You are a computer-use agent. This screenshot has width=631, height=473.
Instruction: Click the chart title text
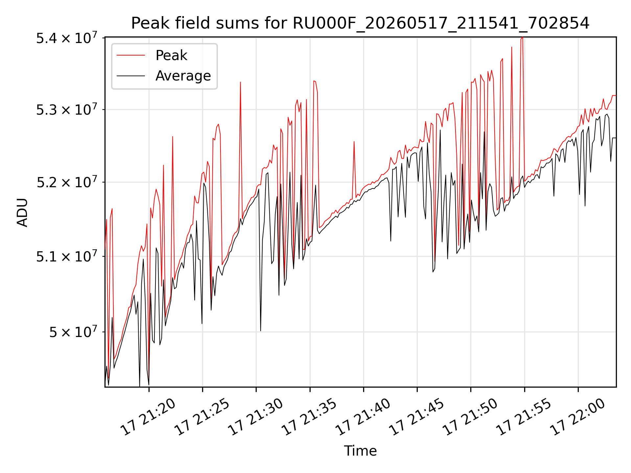[x=360, y=23]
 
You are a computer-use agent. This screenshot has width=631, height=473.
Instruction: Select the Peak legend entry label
[x=171, y=55]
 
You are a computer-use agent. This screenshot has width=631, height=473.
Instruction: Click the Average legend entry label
[x=183, y=76]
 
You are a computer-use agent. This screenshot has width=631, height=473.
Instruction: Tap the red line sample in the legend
[x=131, y=55]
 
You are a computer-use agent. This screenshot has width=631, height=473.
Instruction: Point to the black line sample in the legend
[x=131, y=76]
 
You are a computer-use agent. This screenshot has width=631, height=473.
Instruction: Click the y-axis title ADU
[x=23, y=212]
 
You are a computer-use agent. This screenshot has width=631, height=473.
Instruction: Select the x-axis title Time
[x=360, y=451]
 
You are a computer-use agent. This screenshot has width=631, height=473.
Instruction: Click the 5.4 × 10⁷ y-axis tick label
[x=67, y=38]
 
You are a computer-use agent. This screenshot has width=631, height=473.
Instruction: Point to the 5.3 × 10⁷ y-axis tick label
[x=67, y=109]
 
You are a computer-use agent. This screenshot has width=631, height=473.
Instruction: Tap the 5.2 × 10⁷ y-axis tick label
[x=67, y=182]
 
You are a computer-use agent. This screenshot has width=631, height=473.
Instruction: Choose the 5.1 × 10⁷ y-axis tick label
[x=67, y=256]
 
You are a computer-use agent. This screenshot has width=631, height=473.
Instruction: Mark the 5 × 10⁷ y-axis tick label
[x=73, y=332]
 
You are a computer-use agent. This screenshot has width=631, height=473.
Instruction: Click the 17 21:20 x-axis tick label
[x=148, y=417]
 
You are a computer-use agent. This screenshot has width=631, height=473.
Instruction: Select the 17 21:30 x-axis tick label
[x=255, y=417]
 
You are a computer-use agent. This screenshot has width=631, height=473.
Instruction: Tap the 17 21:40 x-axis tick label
[x=362, y=417]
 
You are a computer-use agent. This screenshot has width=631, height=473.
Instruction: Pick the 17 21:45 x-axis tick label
[x=416, y=417]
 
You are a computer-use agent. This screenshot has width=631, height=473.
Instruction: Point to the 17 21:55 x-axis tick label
[x=524, y=417]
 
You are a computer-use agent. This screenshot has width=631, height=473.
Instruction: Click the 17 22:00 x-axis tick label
[x=577, y=417]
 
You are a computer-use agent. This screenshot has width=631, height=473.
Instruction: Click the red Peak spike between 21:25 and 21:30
[x=241, y=82]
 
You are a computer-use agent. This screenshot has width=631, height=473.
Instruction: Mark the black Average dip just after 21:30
[x=261, y=330]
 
